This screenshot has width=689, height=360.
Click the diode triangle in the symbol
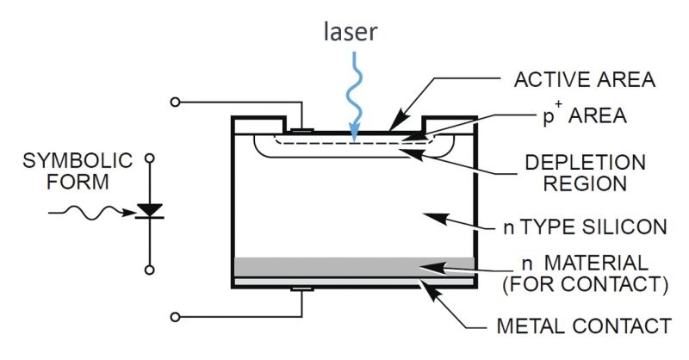(x=151, y=209)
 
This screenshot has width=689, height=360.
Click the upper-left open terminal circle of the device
(x=177, y=102)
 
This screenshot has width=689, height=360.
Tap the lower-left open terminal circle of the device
(x=177, y=317)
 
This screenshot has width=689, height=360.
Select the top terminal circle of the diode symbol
(x=151, y=159)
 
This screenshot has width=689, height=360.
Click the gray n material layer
(x=353, y=267)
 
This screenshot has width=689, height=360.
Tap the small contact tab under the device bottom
(x=301, y=289)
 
